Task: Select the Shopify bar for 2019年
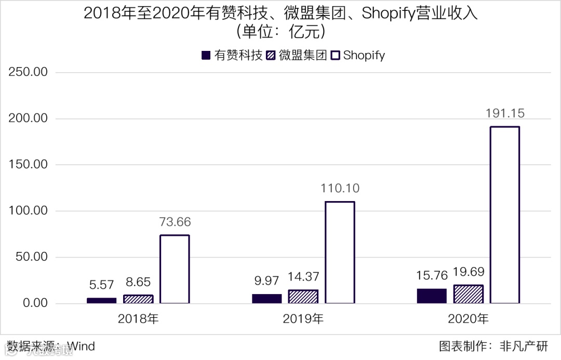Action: tap(340, 252)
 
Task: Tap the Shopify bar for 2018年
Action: tap(175, 269)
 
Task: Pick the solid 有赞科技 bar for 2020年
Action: tap(432, 296)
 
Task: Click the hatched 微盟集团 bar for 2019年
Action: tap(303, 297)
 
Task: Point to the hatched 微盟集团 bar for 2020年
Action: tap(468, 294)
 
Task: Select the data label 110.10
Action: tap(340, 188)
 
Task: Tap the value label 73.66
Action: tap(175, 222)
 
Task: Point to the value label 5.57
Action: tap(102, 285)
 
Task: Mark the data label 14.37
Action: tap(303, 277)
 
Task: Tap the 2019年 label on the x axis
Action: tap(303, 319)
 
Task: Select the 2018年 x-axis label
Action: tap(138, 319)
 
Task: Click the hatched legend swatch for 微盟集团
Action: tap(271, 56)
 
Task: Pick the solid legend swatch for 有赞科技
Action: tap(205, 56)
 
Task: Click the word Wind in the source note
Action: tap(81, 346)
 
